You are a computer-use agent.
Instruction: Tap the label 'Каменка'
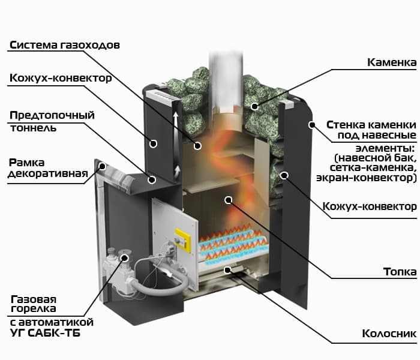(x=391, y=62)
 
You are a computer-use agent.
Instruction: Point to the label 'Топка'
(x=400, y=272)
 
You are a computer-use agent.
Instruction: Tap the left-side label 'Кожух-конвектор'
(x=60, y=79)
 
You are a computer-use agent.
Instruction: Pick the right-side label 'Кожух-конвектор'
(x=369, y=206)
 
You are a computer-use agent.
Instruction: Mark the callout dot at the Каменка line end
(x=255, y=106)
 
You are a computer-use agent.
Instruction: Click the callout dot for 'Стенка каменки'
(x=311, y=125)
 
